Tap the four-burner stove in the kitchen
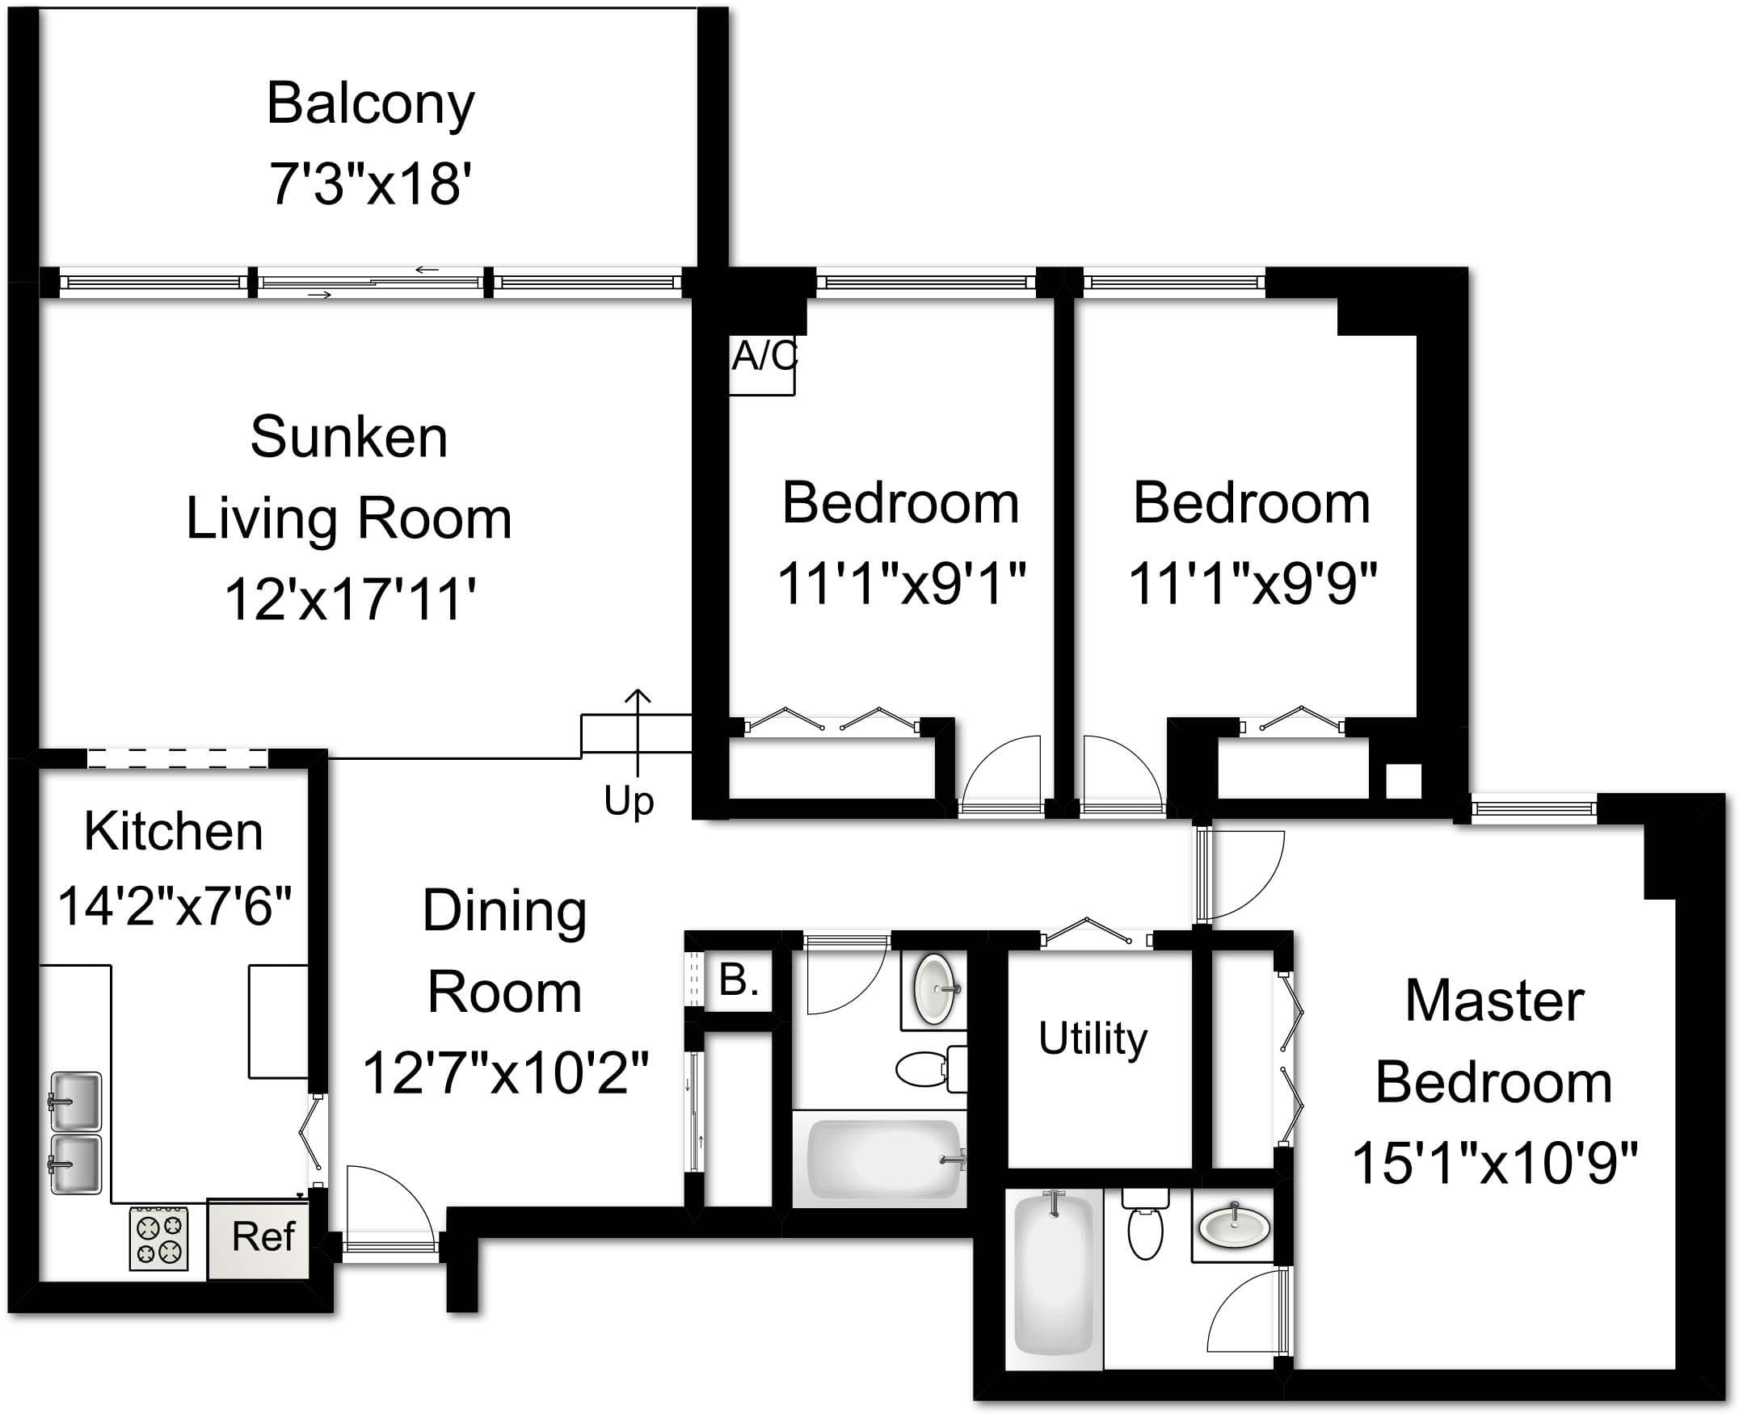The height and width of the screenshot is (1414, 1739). pos(159,1238)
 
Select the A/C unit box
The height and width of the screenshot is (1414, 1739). pos(762,364)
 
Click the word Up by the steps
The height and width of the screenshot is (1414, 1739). pos(629,800)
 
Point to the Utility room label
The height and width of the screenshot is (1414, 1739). pos(1093,1038)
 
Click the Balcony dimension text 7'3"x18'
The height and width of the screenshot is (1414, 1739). pos(370,183)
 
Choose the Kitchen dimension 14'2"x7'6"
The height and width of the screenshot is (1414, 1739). pos(175,906)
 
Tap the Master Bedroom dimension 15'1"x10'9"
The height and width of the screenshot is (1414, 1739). pos(1493,1162)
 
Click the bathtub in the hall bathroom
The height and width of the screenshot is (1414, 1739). pos(883,1159)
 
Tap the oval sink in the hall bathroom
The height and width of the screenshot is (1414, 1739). pos(935,988)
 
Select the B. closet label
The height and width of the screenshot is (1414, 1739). pos(739,980)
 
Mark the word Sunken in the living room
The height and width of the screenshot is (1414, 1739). pos(349,438)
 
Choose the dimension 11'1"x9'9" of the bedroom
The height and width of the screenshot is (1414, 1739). pos(1252,583)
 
